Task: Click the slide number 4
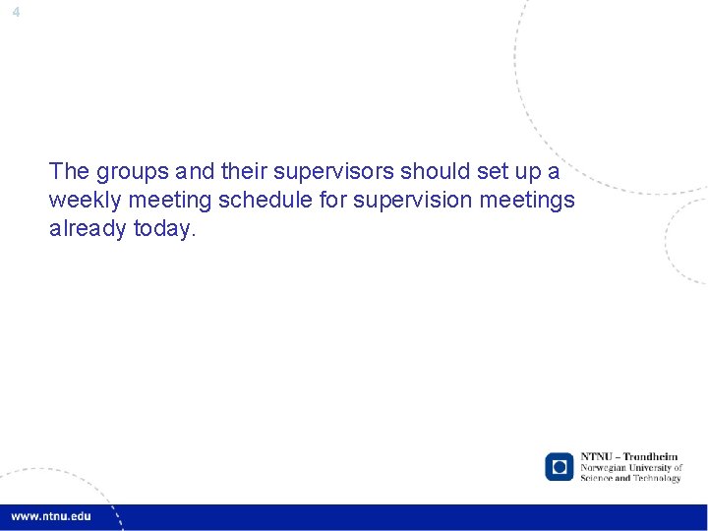16,12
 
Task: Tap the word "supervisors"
340,172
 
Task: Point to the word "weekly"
82,201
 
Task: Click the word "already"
87,229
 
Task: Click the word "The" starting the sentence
69,172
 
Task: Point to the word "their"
244,172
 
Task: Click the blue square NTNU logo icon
560,466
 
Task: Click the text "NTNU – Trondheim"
629,457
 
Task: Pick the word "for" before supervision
333,201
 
